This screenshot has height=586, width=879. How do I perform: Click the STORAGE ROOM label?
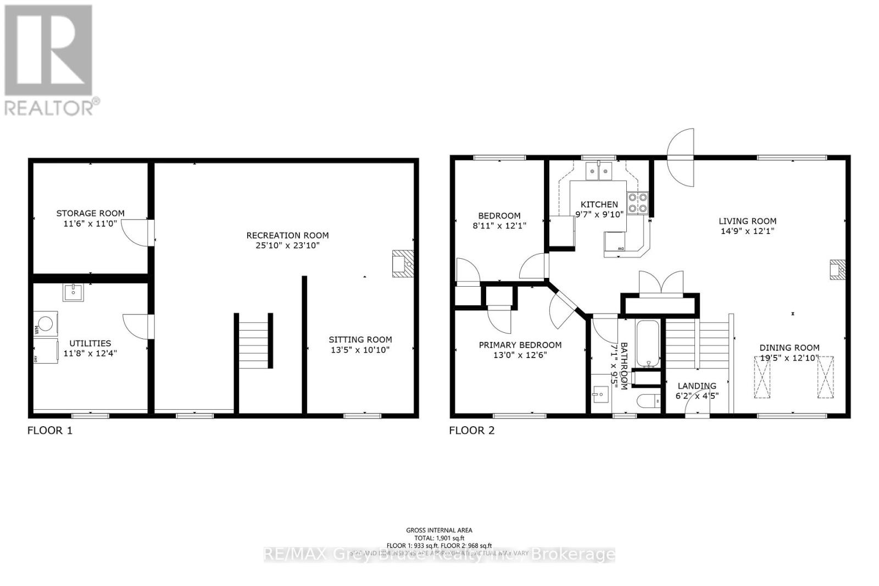[x=91, y=213]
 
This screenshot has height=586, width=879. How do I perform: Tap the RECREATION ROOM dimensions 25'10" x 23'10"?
[x=287, y=245]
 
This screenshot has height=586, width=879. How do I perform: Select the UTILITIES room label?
[x=90, y=343]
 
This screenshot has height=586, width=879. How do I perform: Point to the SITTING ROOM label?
[x=360, y=339]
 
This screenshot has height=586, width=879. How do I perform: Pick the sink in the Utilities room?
[x=73, y=292]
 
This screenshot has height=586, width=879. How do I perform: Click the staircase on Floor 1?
[x=254, y=340]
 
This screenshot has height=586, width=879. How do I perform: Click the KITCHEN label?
[x=599, y=204]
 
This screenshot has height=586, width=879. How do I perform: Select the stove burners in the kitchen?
[x=638, y=203]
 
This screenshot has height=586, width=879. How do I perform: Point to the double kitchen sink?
[x=599, y=172]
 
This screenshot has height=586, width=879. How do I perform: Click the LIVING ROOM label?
[x=747, y=221]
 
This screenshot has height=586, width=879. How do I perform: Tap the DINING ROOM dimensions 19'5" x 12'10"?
[x=789, y=358]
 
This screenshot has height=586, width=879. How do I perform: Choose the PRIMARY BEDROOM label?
[x=520, y=345]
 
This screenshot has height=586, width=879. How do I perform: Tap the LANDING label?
[x=697, y=386]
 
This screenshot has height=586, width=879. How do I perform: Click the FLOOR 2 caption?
[x=472, y=431]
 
